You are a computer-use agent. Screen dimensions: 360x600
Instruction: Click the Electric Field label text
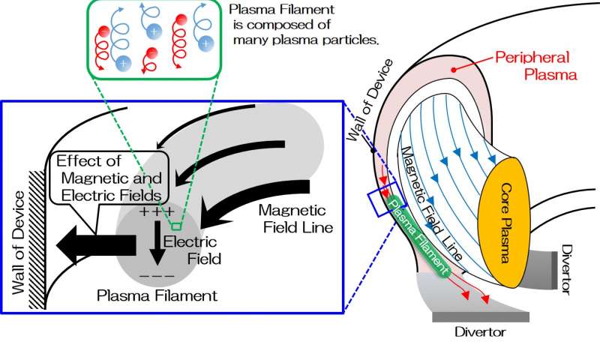(200, 251)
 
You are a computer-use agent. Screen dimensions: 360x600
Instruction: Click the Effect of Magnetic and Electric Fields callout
(110, 178)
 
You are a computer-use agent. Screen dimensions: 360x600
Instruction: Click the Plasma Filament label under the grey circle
(157, 295)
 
